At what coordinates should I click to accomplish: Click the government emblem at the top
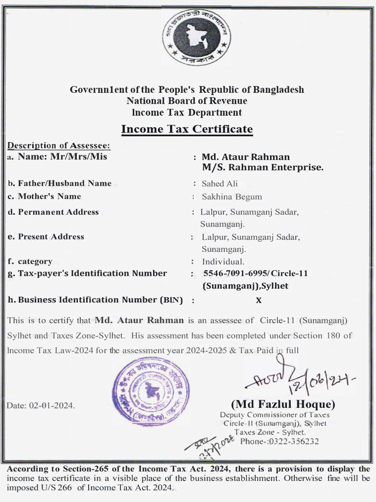197,37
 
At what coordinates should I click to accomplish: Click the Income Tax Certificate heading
187,129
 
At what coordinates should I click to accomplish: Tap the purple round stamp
151,391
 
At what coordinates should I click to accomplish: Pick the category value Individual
223,261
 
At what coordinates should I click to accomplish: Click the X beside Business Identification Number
258,301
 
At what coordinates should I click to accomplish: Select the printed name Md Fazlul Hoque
283,404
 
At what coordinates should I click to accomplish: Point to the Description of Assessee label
59,146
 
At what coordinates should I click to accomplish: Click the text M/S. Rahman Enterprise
263,168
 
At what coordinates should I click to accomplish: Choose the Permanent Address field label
58,212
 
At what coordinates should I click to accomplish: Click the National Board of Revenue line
187,101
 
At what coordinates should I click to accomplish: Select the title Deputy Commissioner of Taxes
275,415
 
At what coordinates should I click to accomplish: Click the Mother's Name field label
49,196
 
